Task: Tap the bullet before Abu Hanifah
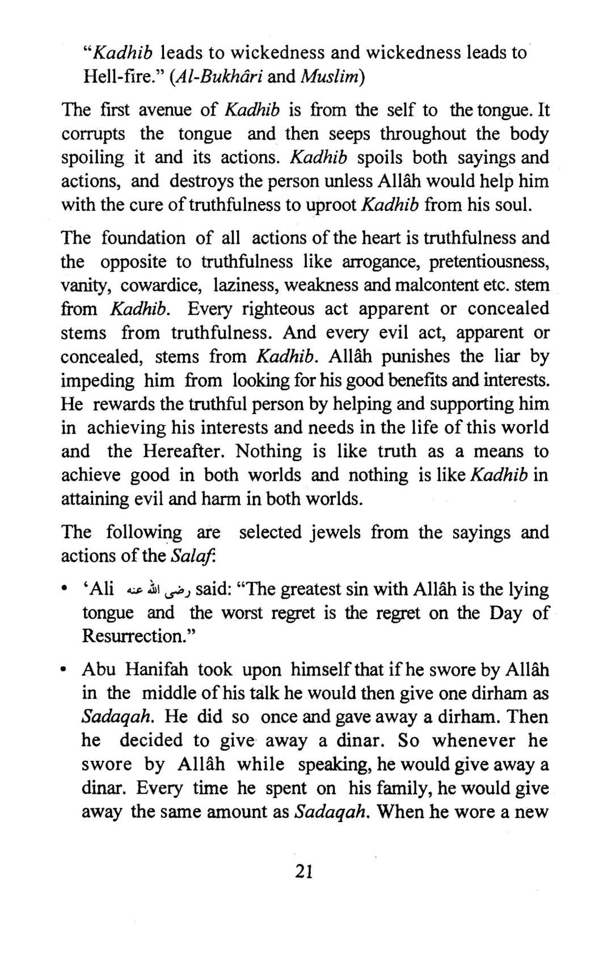(x=66, y=671)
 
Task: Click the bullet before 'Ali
(x=66, y=591)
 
